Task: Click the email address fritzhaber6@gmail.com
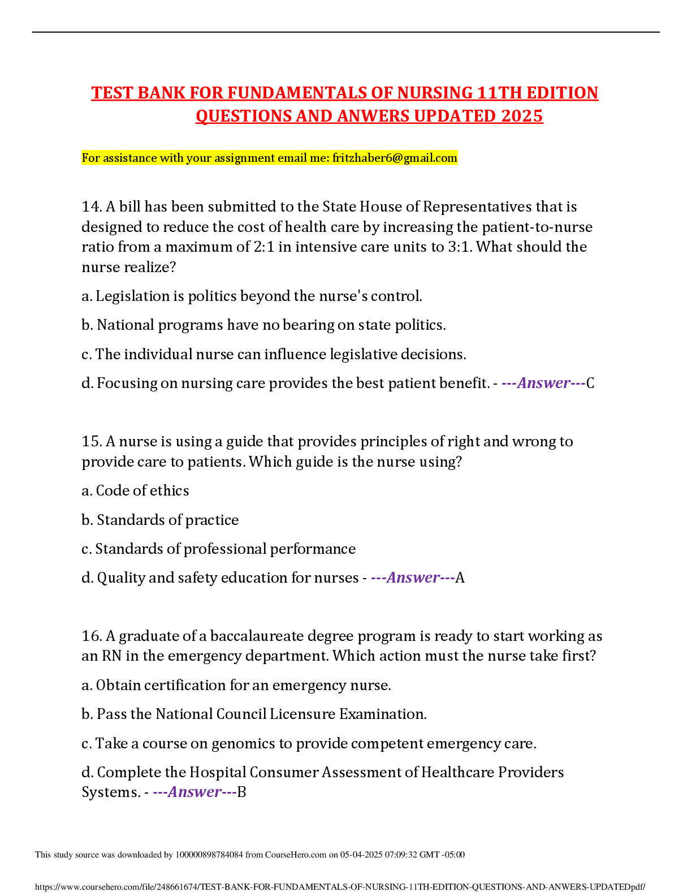[x=395, y=158]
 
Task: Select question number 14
[x=91, y=206]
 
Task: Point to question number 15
[x=91, y=441]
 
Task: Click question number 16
[x=91, y=636]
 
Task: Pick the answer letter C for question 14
[x=590, y=383]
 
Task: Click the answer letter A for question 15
[x=460, y=578]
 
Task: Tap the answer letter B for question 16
[x=241, y=792]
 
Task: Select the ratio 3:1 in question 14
[x=460, y=247]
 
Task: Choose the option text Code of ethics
[x=142, y=490]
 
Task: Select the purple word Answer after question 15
[x=413, y=578]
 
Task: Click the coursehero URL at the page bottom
[x=340, y=887]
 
